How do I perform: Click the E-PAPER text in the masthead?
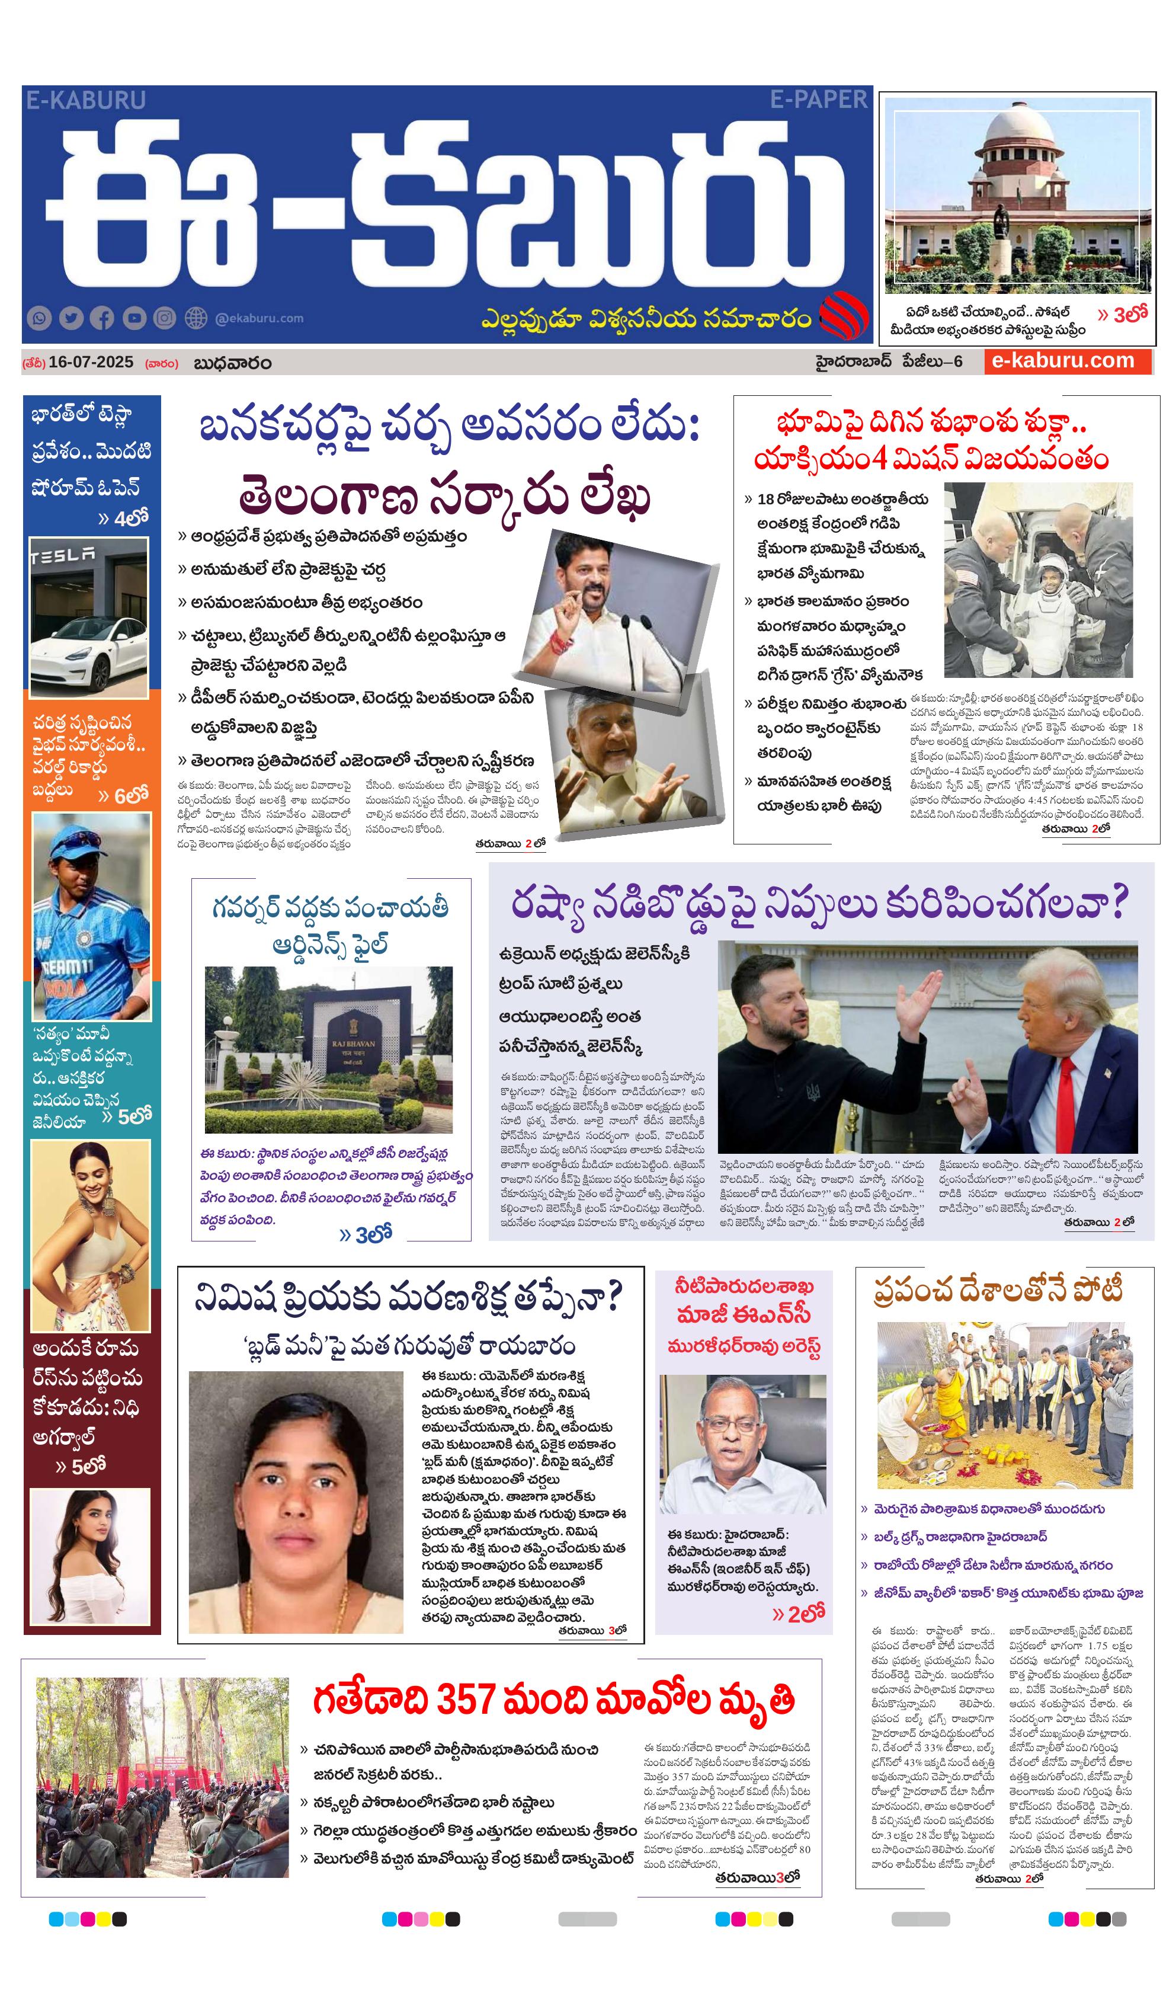[818, 100]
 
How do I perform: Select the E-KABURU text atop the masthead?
[85, 100]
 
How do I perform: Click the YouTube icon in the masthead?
[134, 318]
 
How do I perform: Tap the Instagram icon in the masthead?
[165, 318]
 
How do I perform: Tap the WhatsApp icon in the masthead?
[39, 318]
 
